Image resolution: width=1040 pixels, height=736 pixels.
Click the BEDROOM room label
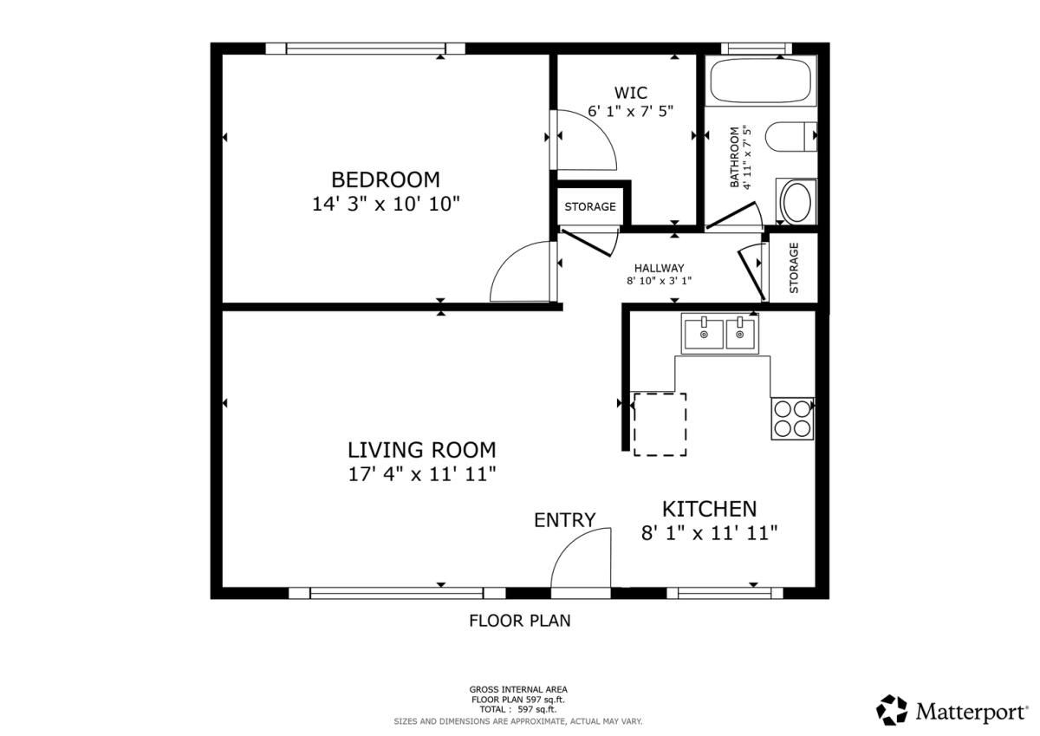386,179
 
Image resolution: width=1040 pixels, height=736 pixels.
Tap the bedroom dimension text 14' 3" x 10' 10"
386,204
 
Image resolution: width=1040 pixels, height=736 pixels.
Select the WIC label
631,93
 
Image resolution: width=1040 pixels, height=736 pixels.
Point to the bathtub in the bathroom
761,80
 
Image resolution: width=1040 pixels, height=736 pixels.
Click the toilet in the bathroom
790,136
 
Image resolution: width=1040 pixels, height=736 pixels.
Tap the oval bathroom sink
796,202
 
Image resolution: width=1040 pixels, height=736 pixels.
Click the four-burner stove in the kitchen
792,419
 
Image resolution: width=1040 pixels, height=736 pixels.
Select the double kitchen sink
719,334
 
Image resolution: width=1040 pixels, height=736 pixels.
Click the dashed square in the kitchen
660,425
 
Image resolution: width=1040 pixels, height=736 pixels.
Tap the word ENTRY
564,520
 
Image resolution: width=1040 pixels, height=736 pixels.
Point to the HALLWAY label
660,268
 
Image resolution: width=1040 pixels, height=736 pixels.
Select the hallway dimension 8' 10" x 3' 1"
660,281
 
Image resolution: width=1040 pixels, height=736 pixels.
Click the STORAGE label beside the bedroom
590,206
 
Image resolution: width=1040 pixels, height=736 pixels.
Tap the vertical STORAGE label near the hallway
794,268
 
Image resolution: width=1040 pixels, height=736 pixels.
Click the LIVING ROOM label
422,450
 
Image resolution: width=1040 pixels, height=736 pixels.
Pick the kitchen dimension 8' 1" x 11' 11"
710,533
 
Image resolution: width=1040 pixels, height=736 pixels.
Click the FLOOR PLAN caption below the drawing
520,621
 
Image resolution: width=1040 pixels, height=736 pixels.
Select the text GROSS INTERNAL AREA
518,689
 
